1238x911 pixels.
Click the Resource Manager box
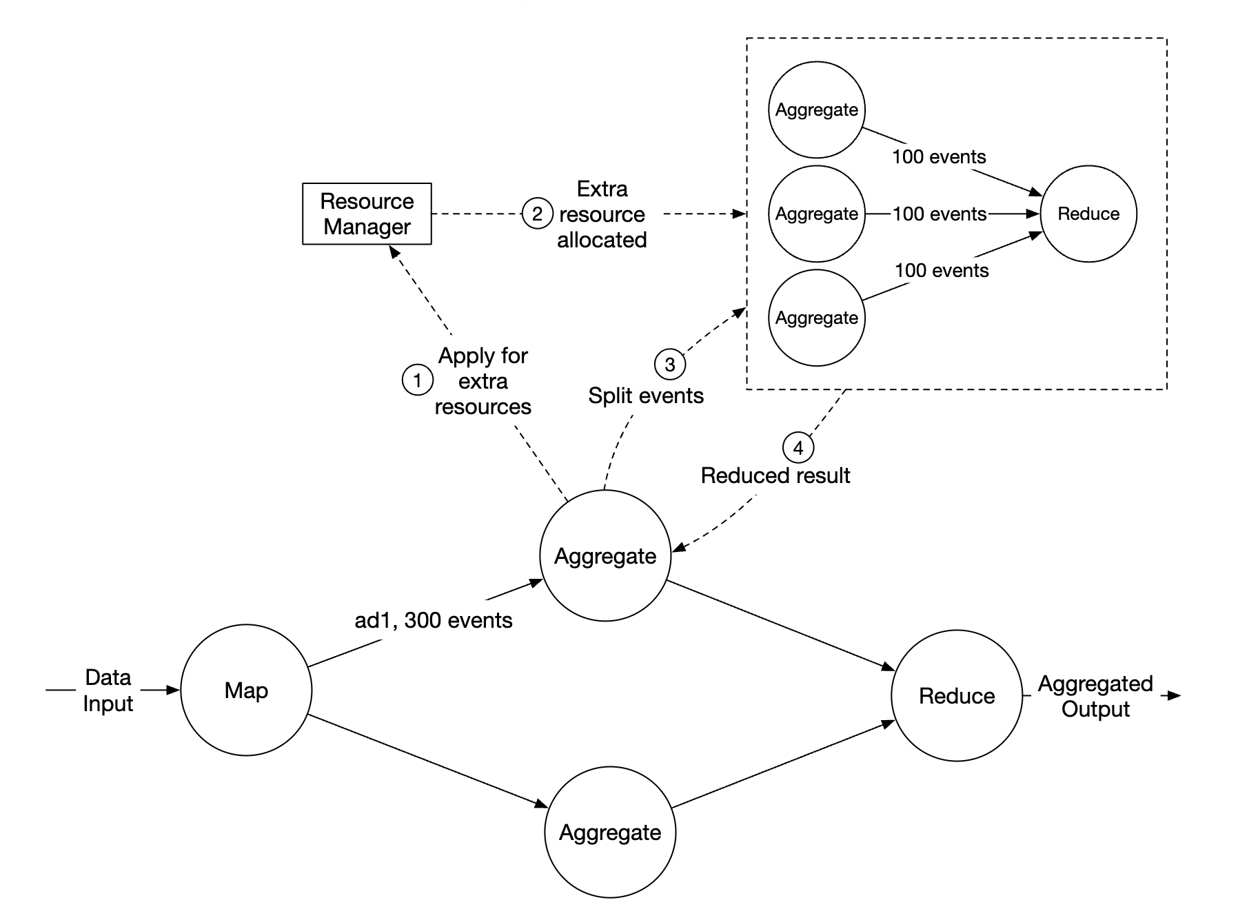tap(367, 214)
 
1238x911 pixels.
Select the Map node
tap(246, 690)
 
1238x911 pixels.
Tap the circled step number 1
tap(417, 380)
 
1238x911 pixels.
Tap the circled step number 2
tap(537, 214)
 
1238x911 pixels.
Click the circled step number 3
tap(669, 364)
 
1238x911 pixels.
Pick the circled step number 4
tap(798, 448)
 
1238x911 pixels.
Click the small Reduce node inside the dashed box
tap(1088, 214)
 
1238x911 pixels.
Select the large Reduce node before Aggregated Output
tap(956, 695)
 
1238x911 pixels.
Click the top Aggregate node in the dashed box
tap(816, 110)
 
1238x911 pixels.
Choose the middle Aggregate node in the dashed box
tap(816, 214)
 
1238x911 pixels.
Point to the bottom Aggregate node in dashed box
tap(816, 318)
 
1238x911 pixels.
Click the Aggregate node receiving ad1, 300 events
tap(605, 556)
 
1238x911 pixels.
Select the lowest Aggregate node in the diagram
tap(610, 832)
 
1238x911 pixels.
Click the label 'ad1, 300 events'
tap(433, 621)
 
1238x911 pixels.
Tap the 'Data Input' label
tap(108, 690)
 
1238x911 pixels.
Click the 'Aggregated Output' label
tap(1095, 696)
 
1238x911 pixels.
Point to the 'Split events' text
tap(645, 396)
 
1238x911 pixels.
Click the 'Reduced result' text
tap(775, 475)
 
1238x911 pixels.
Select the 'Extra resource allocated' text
tap(602, 214)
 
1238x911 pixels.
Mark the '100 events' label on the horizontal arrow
tap(939, 214)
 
